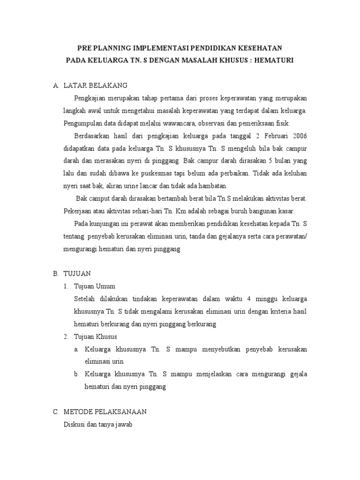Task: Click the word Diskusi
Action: [x=74, y=425]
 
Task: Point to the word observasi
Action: [x=213, y=123]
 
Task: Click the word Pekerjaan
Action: [x=79, y=211]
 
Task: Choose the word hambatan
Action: [x=212, y=186]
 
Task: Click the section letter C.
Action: [x=55, y=412]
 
